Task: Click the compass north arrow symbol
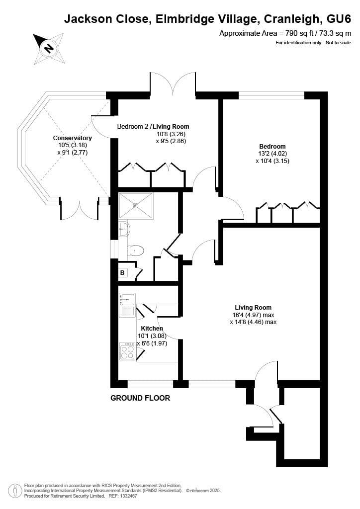tap(48, 48)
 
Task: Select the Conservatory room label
tap(73, 138)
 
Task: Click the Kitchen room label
tap(152, 329)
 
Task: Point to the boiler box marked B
tap(122, 273)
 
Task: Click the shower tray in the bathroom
tap(135, 205)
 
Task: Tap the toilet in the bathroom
tap(135, 250)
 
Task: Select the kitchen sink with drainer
tap(127, 305)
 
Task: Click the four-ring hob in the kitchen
tap(128, 351)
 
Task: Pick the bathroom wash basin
tap(124, 229)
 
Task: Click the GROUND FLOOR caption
tap(140, 398)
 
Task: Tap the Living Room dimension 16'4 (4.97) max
tap(253, 315)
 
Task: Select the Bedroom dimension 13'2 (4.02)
tap(272, 154)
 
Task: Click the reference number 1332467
tap(127, 496)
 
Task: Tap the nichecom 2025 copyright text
tap(203, 491)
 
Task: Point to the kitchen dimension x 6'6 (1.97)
tap(152, 343)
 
